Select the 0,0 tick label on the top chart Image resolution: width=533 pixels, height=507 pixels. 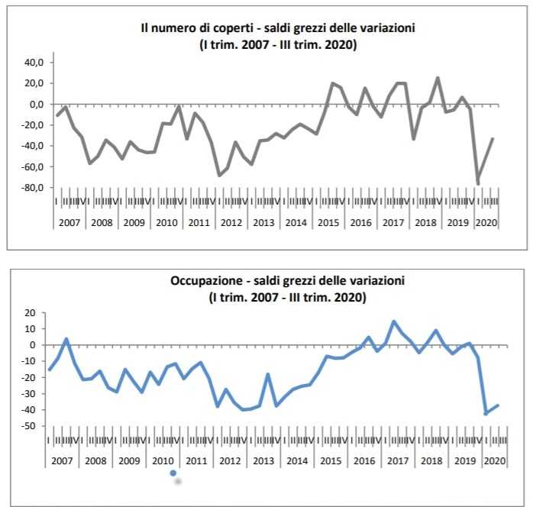[37, 105]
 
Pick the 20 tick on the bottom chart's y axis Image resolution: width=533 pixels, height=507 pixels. [31, 312]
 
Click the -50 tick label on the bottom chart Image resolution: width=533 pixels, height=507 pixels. [29, 426]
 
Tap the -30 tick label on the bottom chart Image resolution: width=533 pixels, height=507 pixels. [29, 393]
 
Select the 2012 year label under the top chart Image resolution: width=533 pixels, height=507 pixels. [231, 223]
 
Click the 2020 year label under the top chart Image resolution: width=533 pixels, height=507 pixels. [486, 223]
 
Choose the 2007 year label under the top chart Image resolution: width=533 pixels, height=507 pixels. [69, 223]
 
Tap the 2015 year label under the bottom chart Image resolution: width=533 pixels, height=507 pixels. [331, 461]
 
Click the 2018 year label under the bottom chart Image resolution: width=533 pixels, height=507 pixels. [431, 461]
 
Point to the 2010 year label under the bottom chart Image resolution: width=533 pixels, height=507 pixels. [163, 461]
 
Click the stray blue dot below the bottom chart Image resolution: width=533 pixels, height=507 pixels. [174, 474]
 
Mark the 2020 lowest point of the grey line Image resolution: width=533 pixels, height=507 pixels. [478, 184]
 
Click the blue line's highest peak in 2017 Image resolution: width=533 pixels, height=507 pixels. [394, 321]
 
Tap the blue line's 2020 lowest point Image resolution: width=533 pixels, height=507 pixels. [486, 414]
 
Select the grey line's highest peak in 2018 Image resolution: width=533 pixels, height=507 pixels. [438, 78]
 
